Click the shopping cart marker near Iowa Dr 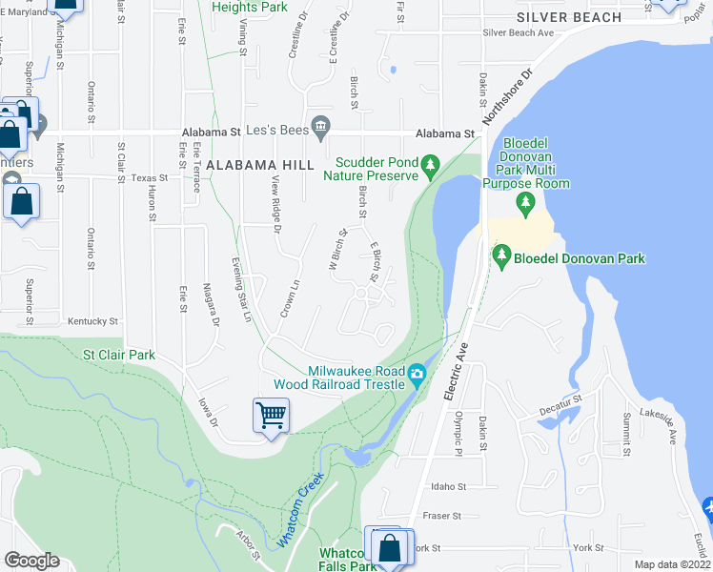[x=272, y=416]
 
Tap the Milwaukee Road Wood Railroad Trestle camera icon [x=418, y=372]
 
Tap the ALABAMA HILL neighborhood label [x=259, y=165]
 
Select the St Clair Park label [x=119, y=356]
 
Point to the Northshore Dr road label [x=503, y=96]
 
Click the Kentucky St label [x=92, y=322]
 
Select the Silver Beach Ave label [x=519, y=32]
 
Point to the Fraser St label [x=442, y=516]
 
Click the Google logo [x=31, y=561]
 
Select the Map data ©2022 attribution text [x=672, y=564]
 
